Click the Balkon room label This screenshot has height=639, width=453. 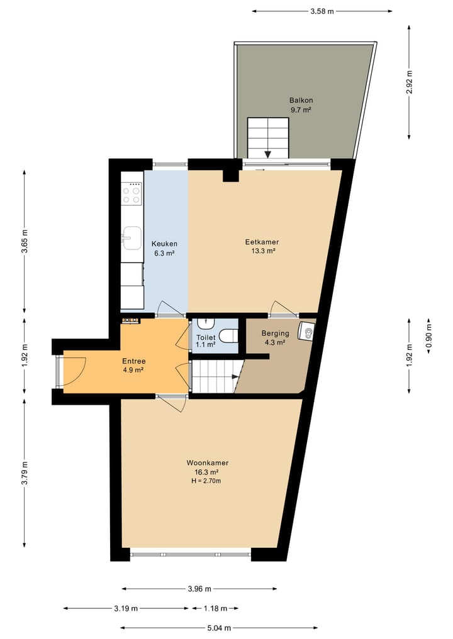[301, 105]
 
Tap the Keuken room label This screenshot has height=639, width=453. [164, 248]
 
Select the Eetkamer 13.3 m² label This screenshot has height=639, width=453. [262, 246]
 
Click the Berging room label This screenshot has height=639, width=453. [275, 338]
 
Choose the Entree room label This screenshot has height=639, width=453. [133, 365]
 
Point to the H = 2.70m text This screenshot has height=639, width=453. [207, 481]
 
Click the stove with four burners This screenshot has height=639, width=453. [132, 194]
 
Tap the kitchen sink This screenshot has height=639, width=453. [131, 237]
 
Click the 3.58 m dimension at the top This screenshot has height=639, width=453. [322, 11]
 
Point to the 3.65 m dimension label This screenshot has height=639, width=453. [25, 241]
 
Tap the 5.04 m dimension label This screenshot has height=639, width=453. [219, 627]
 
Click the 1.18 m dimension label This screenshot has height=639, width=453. [213, 608]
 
